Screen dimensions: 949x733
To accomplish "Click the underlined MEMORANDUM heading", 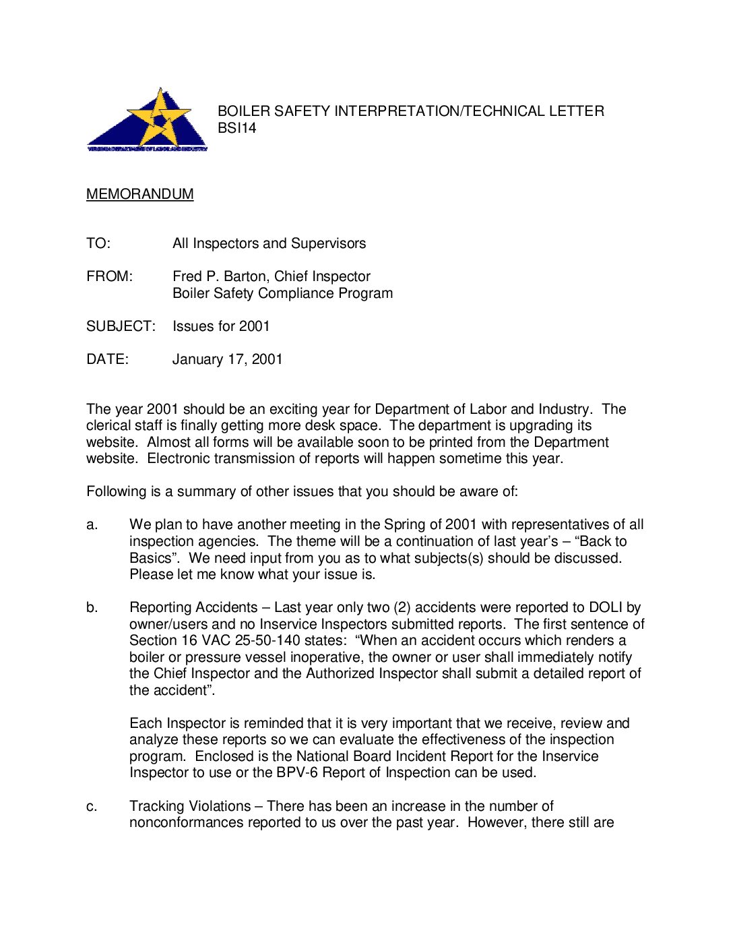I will (140, 194).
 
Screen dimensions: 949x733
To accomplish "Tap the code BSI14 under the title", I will (236, 128).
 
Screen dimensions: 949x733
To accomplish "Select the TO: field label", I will (98, 243).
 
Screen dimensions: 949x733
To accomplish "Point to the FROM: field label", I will (110, 276).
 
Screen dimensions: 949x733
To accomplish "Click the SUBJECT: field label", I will (121, 326).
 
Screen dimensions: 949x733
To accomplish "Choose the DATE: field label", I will (107, 359).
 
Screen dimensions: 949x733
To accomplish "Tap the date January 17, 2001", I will (227, 359).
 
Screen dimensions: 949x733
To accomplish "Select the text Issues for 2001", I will (221, 326).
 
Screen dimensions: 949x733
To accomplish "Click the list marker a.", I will (92, 525).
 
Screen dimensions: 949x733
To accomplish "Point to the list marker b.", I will (92, 608).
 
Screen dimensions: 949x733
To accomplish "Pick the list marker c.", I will (92, 807).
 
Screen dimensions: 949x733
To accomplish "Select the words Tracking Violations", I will (190, 807).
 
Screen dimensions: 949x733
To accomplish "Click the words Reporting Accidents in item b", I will (193, 608).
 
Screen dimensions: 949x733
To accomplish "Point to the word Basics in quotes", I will (151, 559).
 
